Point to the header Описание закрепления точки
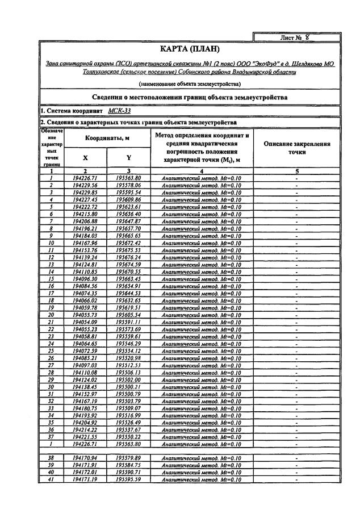click(x=298, y=148)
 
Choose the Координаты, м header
click(x=107, y=139)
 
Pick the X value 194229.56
click(x=85, y=185)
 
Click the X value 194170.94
click(x=85, y=457)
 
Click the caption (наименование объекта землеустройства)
click(x=190, y=84)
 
